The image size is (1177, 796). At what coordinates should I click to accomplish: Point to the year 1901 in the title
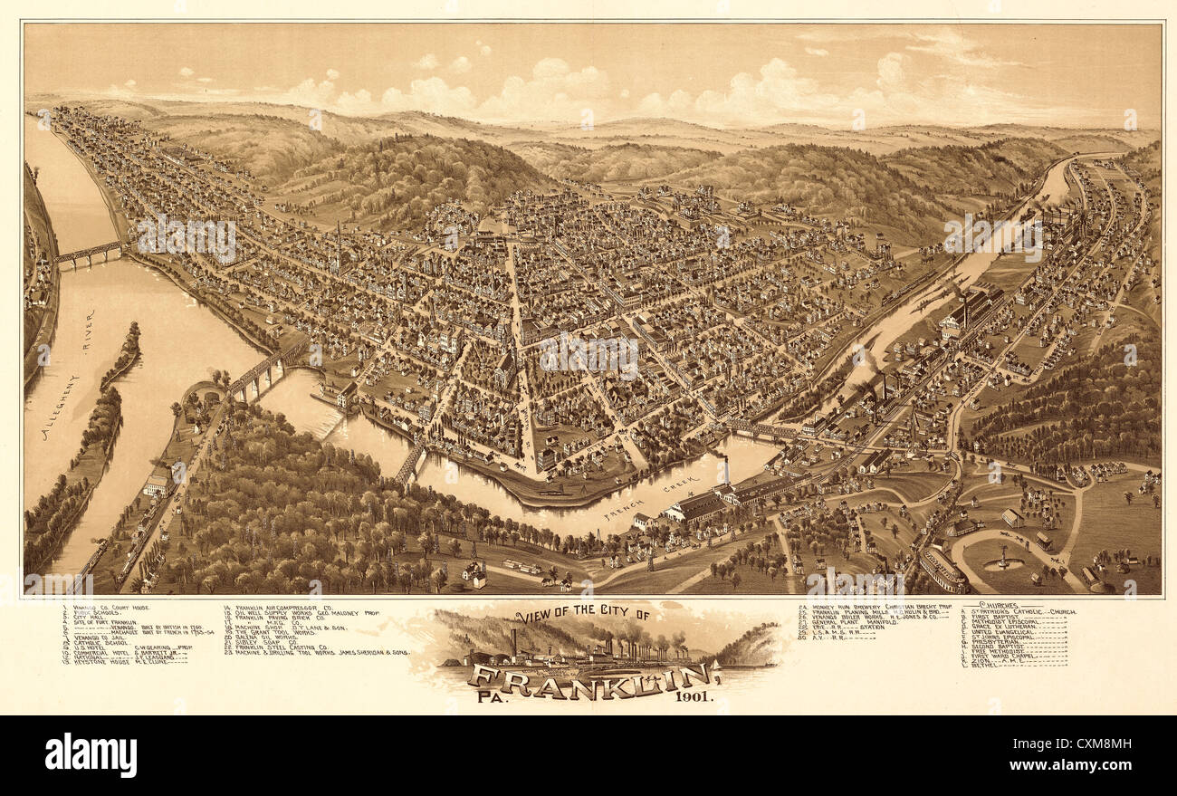(694, 696)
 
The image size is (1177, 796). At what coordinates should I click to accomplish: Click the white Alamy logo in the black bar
(91, 755)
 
